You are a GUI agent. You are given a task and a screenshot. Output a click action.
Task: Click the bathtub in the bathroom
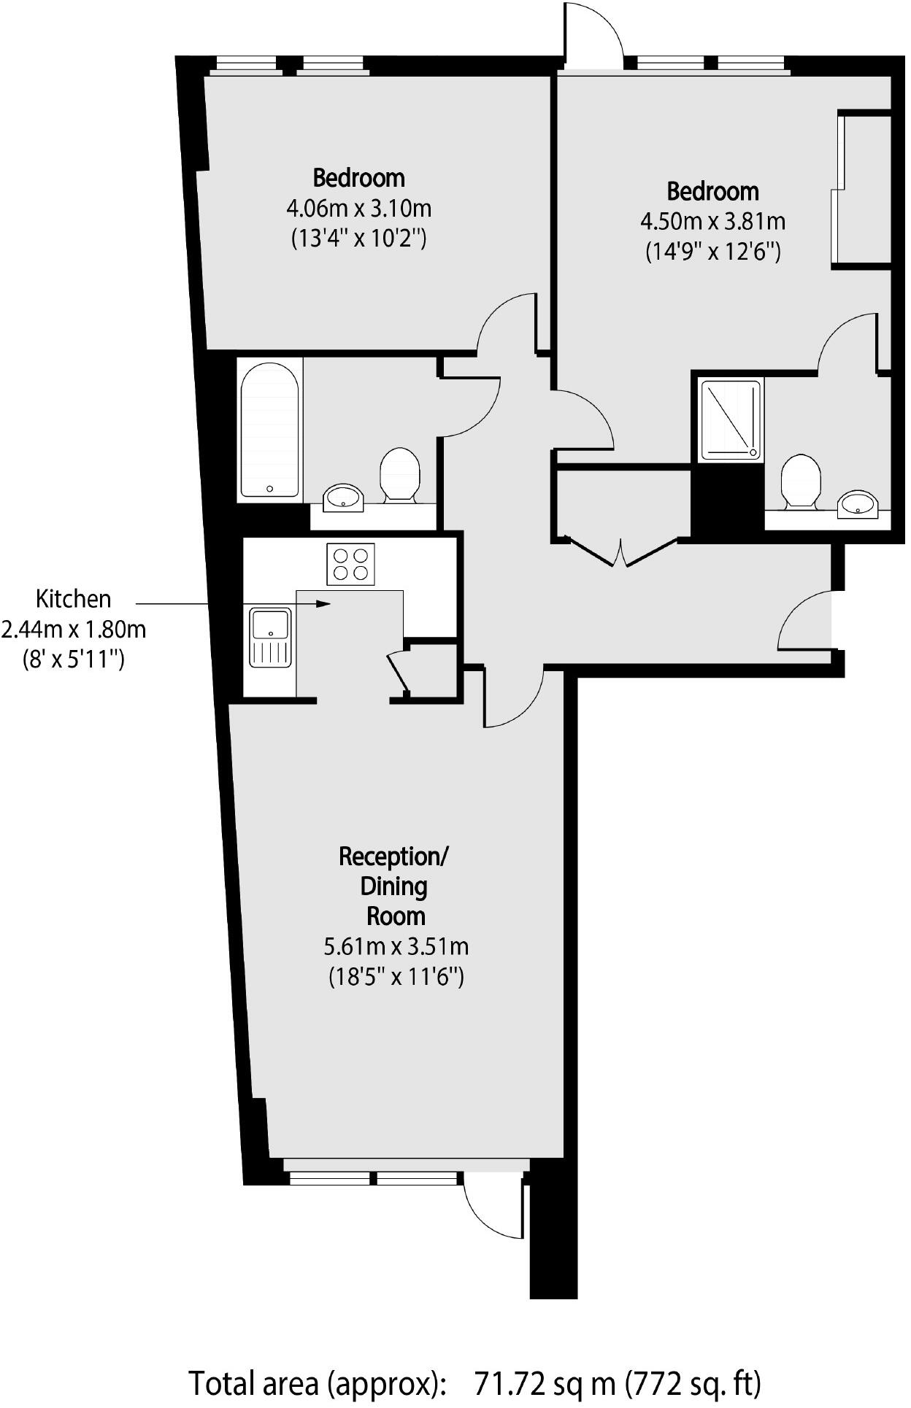269,431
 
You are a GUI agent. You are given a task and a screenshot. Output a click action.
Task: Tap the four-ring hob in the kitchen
351,564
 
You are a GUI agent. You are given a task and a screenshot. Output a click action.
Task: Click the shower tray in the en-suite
731,420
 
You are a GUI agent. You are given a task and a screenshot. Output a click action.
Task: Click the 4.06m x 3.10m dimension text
358,209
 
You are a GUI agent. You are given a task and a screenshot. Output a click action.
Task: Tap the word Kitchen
74,599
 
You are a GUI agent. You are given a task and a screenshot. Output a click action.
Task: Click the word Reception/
394,856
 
